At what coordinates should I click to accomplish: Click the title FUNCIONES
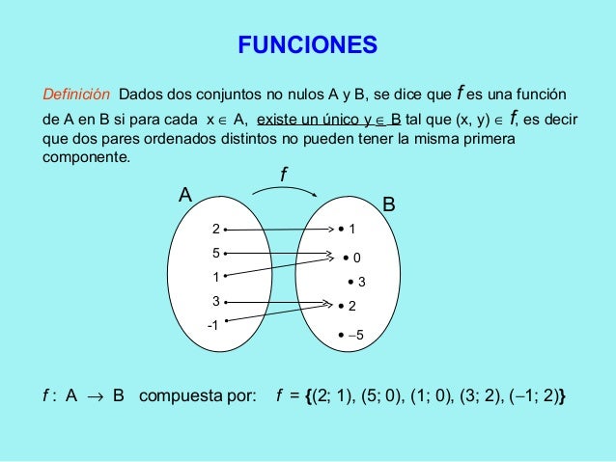pyautogui.click(x=308, y=44)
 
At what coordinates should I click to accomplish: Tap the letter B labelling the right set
pyautogui.click(x=389, y=204)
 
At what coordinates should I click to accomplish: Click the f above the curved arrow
pyautogui.click(x=283, y=175)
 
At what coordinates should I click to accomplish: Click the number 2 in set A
pyautogui.click(x=216, y=229)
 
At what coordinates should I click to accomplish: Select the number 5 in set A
pyautogui.click(x=216, y=253)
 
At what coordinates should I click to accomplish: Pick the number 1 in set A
pyautogui.click(x=216, y=278)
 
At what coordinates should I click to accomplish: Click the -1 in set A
pyautogui.click(x=213, y=326)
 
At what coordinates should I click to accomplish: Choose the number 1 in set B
pyautogui.click(x=352, y=230)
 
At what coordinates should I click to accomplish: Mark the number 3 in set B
pyautogui.click(x=361, y=282)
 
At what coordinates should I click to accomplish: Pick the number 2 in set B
pyautogui.click(x=352, y=306)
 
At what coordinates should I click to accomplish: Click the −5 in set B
pyautogui.click(x=355, y=335)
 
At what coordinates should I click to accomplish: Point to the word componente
pyautogui.click(x=93, y=157)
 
